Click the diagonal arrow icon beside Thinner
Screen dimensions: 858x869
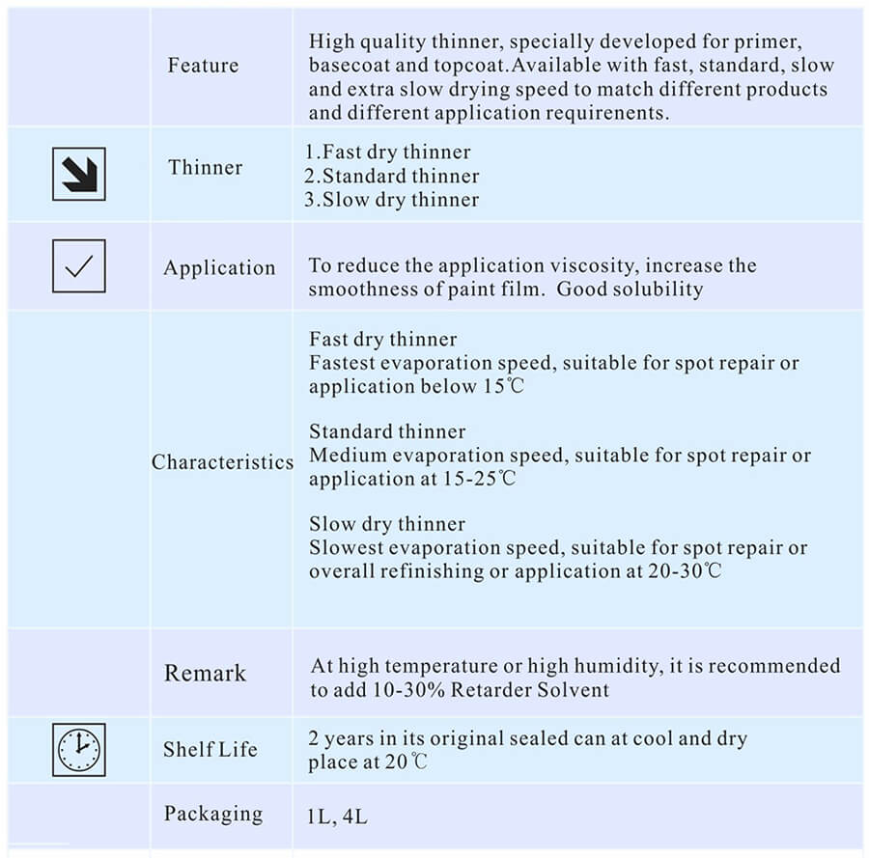pos(79,174)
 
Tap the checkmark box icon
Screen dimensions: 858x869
pos(79,266)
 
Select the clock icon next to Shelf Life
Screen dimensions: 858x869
pos(79,750)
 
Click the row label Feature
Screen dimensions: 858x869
pos(203,66)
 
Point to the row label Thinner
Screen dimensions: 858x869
pos(206,167)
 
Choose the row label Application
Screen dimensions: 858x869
pos(219,268)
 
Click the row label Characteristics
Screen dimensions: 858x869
pos(222,462)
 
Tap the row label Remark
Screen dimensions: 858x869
pos(205,673)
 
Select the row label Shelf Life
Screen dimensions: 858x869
pos(210,749)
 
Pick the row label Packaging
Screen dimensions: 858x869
pos(213,814)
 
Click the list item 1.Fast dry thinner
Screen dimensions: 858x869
pos(388,152)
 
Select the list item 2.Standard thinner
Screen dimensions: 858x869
pos(392,177)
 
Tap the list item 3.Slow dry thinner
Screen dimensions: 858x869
pos(392,200)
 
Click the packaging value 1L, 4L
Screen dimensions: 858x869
pos(337,816)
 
